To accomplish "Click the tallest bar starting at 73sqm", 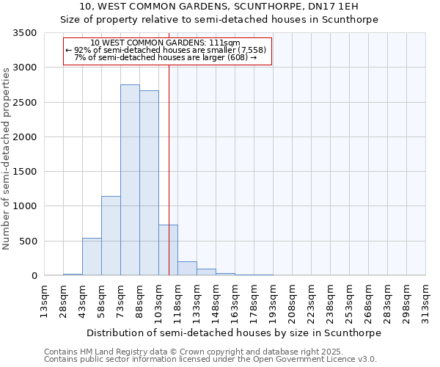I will pyautogui.click(x=130, y=180).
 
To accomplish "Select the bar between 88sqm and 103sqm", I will pyautogui.click(x=149, y=183).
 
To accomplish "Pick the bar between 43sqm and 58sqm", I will pyautogui.click(x=92, y=257).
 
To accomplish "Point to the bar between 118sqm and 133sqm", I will pyautogui.click(x=187, y=269).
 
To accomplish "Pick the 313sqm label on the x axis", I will pyautogui.click(x=426, y=302).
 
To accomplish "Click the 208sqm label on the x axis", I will pyautogui.click(x=293, y=302).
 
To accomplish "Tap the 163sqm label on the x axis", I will pyautogui.click(x=235, y=302).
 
